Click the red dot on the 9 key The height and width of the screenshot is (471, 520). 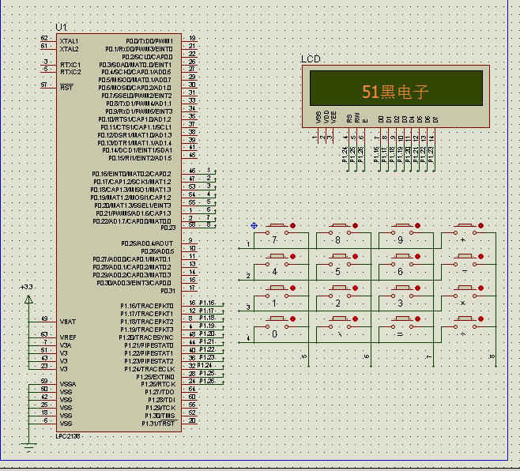pyautogui.click(x=420, y=226)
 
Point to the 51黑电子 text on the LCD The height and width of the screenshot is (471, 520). pyautogui.click(x=395, y=92)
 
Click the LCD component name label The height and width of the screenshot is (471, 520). pyautogui.click(x=311, y=59)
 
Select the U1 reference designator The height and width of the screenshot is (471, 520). pyautogui.click(x=62, y=28)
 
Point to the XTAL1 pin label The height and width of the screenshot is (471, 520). pyautogui.click(x=70, y=40)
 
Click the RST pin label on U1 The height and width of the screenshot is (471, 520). pyautogui.click(x=66, y=87)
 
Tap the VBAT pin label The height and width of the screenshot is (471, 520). pyautogui.click(x=68, y=322)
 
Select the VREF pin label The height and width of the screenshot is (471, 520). pyautogui.click(x=68, y=337)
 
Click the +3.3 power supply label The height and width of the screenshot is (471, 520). pyautogui.click(x=27, y=287)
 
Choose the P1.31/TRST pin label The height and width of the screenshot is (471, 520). pyautogui.click(x=158, y=424)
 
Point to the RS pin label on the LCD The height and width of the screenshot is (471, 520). pyautogui.click(x=349, y=119)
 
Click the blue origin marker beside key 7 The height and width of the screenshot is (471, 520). pyautogui.click(x=254, y=225)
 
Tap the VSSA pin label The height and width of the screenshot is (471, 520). pyautogui.click(x=68, y=384)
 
